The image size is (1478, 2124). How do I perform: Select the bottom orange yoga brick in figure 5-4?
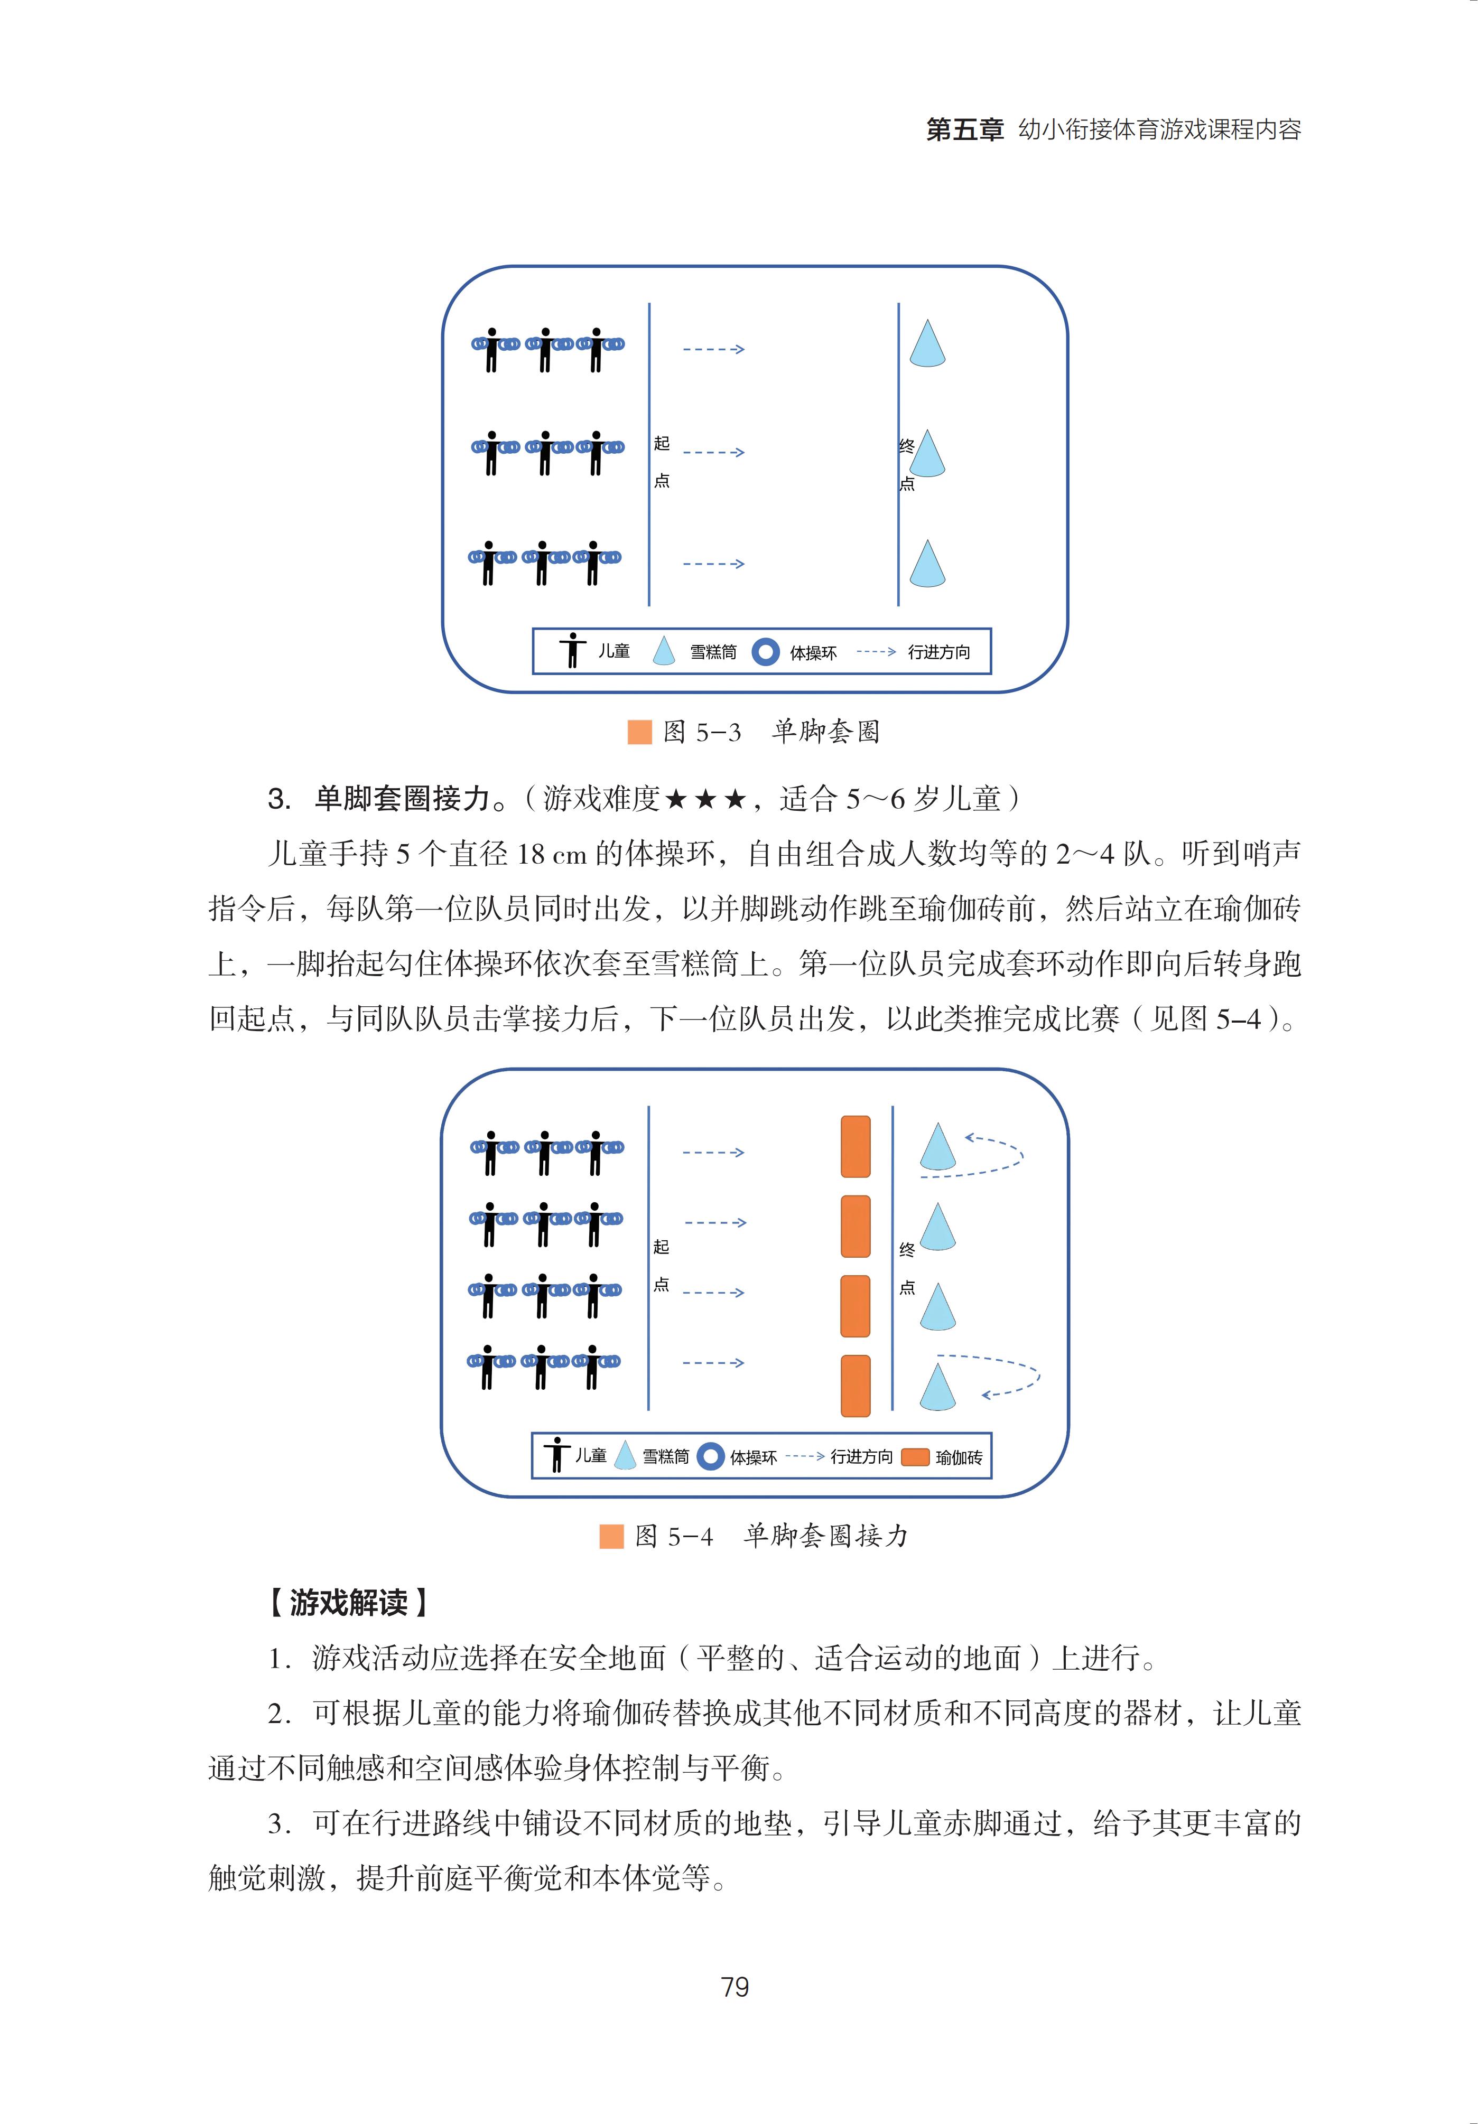855,1386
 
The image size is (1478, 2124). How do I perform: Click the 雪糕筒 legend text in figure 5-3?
713,652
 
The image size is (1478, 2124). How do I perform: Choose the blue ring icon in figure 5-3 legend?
765,652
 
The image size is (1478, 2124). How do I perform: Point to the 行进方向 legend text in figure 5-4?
861,1457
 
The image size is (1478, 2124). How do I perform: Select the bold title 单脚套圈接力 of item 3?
402,798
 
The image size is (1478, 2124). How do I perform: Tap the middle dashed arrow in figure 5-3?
713,452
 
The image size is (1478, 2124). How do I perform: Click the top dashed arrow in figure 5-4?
713,1153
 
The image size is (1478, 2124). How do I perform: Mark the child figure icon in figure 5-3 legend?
573,650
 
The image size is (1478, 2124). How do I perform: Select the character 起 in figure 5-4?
661,1247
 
